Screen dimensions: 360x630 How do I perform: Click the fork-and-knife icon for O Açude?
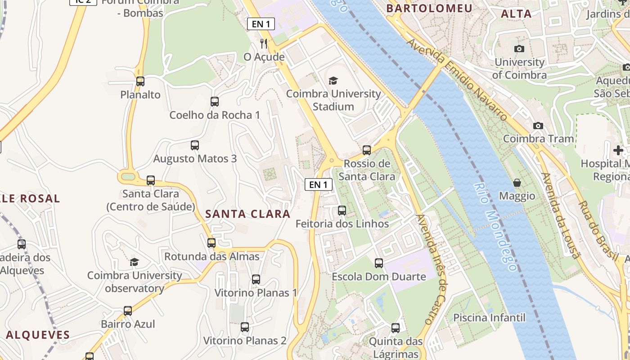coord(264,44)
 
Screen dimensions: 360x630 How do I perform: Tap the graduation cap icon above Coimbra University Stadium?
coord(333,81)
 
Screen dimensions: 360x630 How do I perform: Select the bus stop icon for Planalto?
coord(140,81)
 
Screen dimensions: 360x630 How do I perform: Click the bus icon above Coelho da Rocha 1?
coord(215,102)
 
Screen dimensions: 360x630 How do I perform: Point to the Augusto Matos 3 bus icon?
coord(195,145)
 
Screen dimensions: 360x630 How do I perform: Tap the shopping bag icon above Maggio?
coord(517,183)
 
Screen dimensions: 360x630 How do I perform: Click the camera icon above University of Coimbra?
coord(519,49)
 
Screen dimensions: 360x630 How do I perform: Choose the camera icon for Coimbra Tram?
coord(538,126)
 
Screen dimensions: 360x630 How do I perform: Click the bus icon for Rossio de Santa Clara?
coord(367,150)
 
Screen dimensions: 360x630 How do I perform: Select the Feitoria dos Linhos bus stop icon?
coord(342,210)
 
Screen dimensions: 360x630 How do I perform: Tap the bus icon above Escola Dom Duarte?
coord(379,263)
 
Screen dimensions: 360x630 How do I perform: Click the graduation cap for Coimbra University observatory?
coord(134,262)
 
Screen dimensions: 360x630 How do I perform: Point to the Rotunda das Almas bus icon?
coord(211,243)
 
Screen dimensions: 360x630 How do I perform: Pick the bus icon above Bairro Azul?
coord(128,310)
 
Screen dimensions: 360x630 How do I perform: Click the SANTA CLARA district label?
coord(248,214)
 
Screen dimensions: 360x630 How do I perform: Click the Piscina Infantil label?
coord(489,318)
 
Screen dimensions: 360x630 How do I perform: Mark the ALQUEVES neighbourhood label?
coord(38,335)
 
